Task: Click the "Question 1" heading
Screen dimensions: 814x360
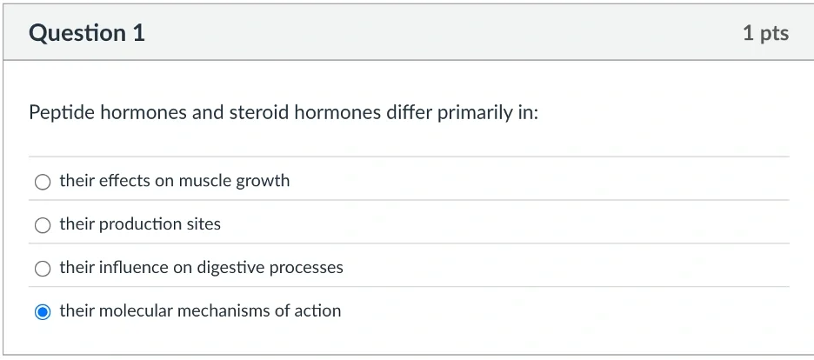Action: (87, 33)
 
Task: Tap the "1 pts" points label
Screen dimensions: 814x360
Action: (765, 33)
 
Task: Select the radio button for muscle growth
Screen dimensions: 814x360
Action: (43, 182)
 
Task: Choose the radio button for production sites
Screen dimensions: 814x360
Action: (43, 225)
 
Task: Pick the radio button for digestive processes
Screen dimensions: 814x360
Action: (43, 268)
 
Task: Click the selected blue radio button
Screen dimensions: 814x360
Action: (43, 312)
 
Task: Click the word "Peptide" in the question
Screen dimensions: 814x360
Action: (62, 113)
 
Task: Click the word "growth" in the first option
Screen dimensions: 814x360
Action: (263, 181)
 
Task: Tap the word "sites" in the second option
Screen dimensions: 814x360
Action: (203, 224)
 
